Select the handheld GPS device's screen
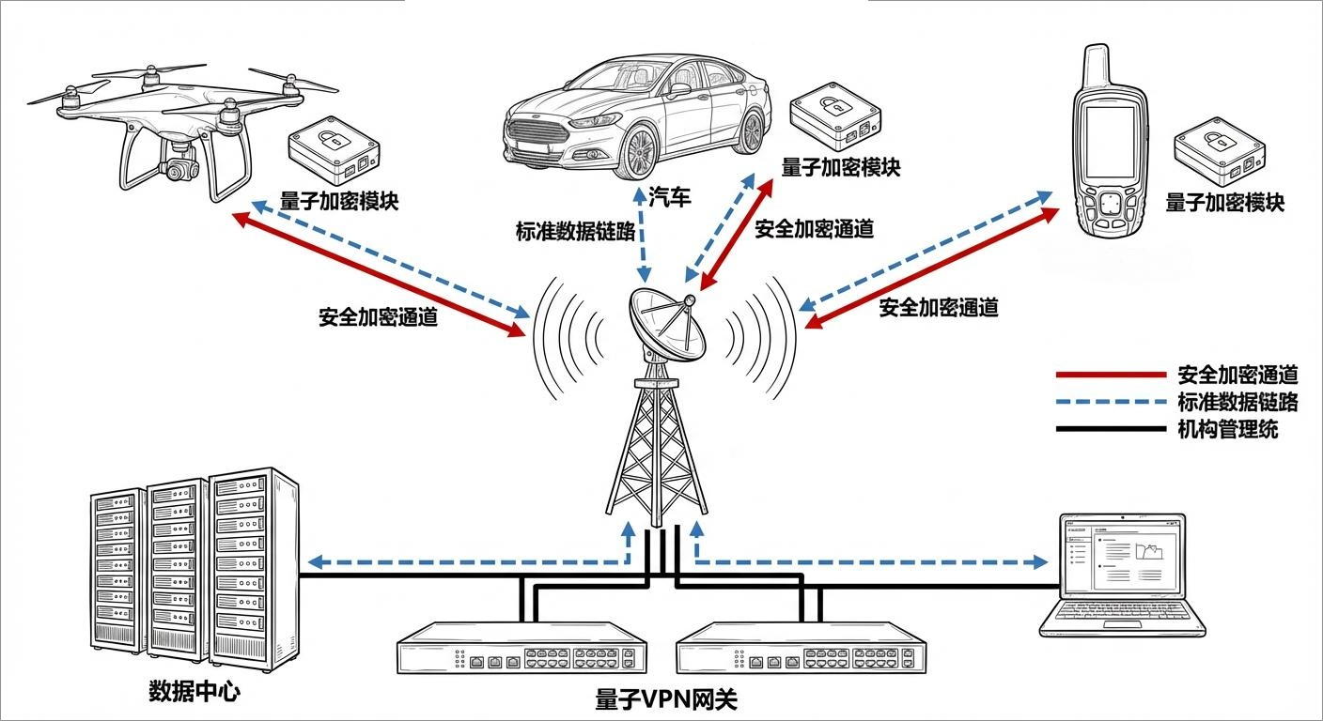(x=1110, y=142)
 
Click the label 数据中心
(x=195, y=693)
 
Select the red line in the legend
(x=1110, y=375)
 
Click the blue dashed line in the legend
(x=1110, y=402)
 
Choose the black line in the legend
(x=1110, y=430)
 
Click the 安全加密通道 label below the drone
(x=378, y=317)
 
